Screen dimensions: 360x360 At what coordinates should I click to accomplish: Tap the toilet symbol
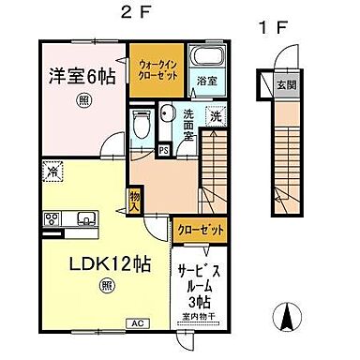[x=143, y=124]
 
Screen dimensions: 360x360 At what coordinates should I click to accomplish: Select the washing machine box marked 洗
[x=217, y=117]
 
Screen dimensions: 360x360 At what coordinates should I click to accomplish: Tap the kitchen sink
[x=84, y=220]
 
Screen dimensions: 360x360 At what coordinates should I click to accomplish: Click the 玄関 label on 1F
[x=284, y=86]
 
